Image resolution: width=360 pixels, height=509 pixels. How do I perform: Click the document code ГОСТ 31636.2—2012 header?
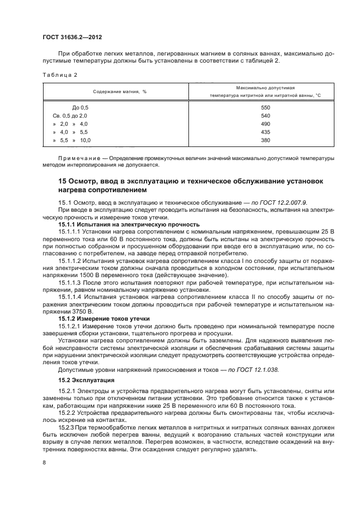pos(72,37)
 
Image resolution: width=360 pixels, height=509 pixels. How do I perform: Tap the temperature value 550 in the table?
pos(265,108)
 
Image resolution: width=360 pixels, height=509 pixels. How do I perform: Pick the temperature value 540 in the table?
pos(265,116)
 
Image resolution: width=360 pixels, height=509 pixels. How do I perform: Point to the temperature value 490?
pos(265,124)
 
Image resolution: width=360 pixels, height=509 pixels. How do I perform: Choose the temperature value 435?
pos(265,132)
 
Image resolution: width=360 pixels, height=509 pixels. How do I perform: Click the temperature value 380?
pos(265,140)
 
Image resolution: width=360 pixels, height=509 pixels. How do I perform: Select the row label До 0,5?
pos(80,108)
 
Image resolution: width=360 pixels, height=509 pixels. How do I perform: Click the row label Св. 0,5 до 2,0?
pos(70,116)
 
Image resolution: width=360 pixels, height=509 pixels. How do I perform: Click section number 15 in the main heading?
pos(63,181)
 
